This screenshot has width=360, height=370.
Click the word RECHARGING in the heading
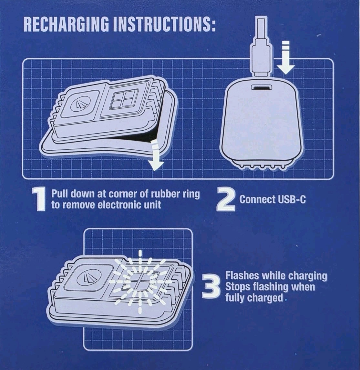67,24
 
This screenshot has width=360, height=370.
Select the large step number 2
226,200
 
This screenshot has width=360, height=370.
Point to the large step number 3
211,287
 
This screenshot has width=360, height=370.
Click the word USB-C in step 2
291,199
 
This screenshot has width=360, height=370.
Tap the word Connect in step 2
257,199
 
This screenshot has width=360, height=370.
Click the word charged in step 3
265,298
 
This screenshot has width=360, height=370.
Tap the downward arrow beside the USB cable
286,57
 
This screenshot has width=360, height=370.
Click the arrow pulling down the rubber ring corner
155,155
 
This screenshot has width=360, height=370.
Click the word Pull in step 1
60,194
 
